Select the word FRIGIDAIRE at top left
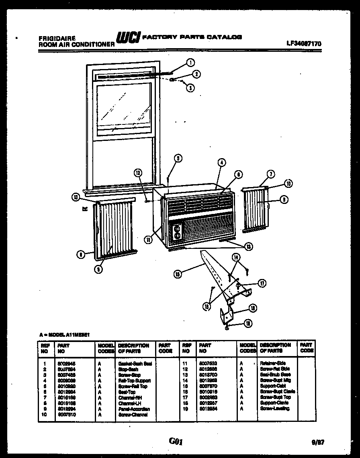(56, 39)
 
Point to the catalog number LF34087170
(304, 44)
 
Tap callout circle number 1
(190, 63)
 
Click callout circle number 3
(190, 88)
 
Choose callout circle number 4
(221, 163)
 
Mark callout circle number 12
(138, 173)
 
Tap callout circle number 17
(262, 283)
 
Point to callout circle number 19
(249, 323)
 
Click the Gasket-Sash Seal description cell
(135, 363)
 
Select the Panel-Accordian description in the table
(134, 409)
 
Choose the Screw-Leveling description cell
(274, 409)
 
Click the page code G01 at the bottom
(176, 441)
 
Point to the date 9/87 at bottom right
(318, 443)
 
